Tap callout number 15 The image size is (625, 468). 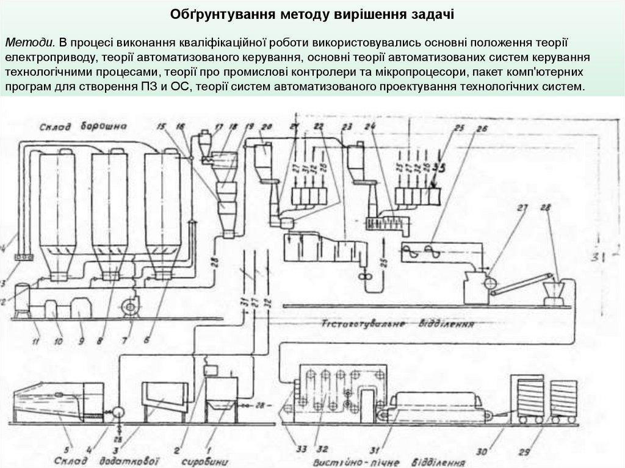click(161, 126)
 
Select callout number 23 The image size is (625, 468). click(348, 126)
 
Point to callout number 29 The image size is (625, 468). click(524, 452)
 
